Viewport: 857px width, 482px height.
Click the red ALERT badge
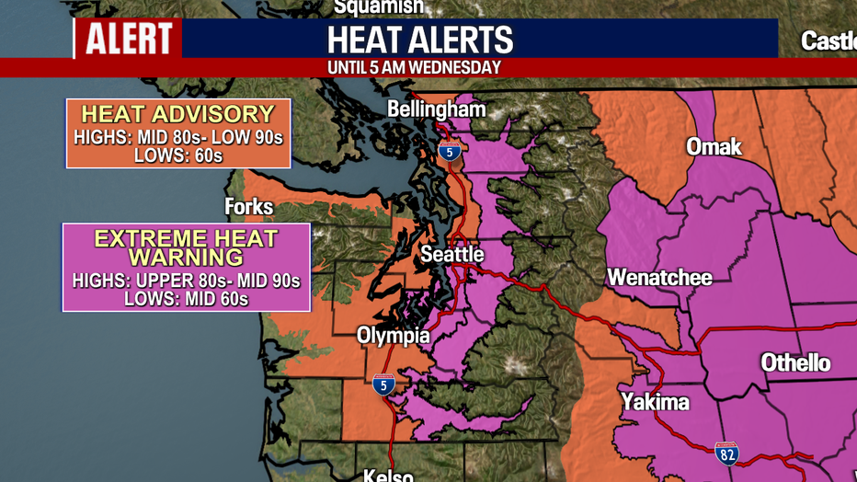[128, 39]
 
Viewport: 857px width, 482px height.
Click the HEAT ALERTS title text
[420, 40]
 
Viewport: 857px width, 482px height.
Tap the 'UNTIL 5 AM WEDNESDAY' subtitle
[415, 68]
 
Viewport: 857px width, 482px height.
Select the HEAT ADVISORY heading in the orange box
[178, 114]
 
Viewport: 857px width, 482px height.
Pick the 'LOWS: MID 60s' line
[187, 298]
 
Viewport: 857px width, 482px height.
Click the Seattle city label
[452, 254]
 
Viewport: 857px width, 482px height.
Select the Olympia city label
[393, 335]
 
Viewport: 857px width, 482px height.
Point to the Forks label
[249, 207]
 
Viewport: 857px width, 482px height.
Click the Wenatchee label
[659, 277]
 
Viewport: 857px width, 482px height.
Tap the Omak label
[714, 146]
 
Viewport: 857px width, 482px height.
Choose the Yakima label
[655, 401]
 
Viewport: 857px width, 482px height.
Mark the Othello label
[795, 362]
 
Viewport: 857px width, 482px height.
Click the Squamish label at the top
[378, 7]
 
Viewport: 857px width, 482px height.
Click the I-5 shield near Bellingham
[449, 151]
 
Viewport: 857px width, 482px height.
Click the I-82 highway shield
[727, 452]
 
